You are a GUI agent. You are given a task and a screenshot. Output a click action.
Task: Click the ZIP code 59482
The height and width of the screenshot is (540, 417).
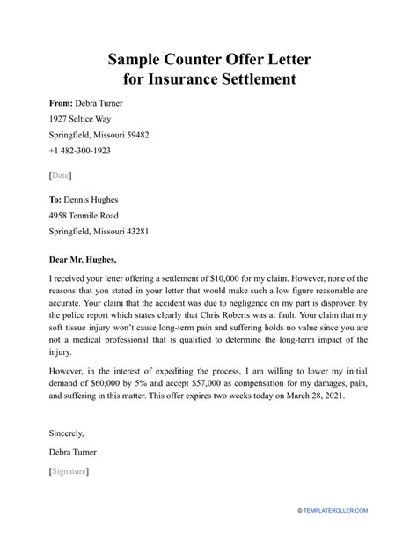point(133,136)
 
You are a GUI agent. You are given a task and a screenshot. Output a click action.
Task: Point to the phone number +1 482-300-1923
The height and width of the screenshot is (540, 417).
point(80,152)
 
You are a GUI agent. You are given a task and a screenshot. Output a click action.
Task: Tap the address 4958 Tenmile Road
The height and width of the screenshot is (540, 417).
point(82,216)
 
